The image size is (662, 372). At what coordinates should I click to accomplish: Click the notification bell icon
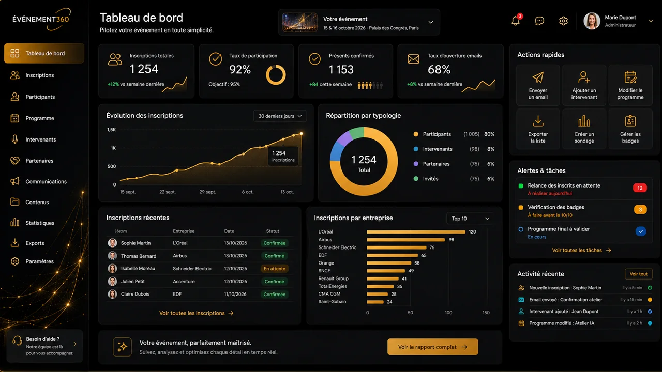point(516,21)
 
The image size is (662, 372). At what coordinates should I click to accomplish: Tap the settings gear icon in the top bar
point(563,21)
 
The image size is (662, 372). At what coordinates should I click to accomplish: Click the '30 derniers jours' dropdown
point(280,116)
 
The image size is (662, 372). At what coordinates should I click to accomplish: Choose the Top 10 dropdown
point(470,219)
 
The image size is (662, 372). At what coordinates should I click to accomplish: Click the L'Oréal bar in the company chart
point(416,232)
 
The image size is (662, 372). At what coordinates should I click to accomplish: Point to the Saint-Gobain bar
point(375,302)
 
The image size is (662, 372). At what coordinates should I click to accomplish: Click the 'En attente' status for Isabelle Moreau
point(275,269)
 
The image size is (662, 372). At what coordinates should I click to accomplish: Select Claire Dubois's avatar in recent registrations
point(112,294)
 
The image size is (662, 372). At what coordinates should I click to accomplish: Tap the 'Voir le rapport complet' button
point(433,347)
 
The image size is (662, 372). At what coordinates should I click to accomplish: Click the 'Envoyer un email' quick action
point(538,85)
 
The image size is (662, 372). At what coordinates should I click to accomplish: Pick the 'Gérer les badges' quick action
point(630,129)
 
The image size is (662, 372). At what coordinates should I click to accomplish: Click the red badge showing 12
point(640,188)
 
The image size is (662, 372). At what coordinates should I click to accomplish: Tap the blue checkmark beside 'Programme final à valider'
point(641,231)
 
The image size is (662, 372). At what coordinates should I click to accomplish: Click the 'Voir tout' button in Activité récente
point(638,274)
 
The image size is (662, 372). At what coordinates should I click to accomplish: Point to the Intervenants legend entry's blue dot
point(416,149)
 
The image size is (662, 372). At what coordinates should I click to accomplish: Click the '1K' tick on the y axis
point(113,148)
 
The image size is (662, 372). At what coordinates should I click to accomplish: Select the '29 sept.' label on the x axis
point(207,192)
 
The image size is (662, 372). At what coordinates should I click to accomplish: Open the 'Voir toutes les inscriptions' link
point(196,313)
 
